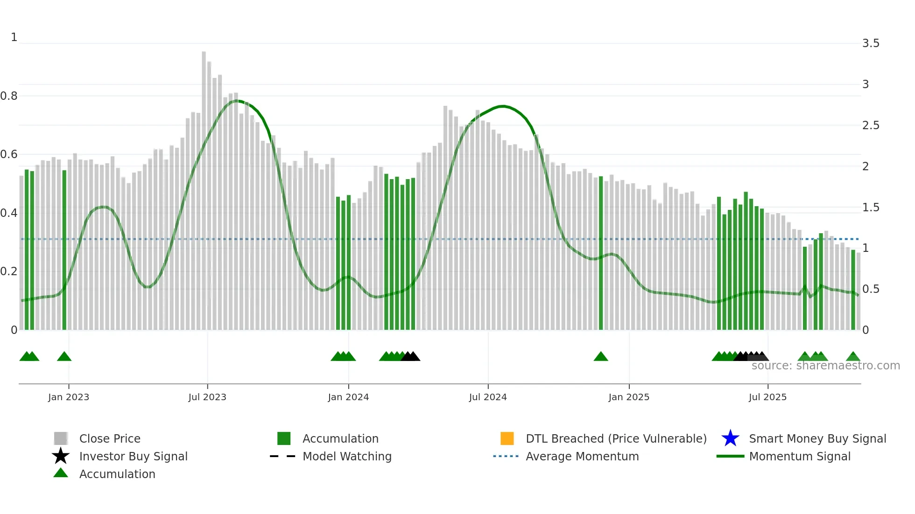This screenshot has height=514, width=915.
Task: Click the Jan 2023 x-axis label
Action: point(68,397)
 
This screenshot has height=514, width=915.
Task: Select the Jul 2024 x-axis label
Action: point(488,397)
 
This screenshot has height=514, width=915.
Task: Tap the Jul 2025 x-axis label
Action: point(767,397)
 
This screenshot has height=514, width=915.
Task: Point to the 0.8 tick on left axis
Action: point(9,96)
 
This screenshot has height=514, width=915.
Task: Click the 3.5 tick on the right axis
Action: point(871,43)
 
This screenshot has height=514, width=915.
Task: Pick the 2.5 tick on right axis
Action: point(871,125)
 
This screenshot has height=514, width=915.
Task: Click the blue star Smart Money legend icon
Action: point(730,438)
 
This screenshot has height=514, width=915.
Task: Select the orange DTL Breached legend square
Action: point(507,438)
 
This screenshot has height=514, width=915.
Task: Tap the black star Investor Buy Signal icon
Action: point(61,456)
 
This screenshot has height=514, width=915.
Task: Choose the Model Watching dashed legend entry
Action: point(283,456)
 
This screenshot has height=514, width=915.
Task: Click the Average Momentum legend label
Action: point(582,456)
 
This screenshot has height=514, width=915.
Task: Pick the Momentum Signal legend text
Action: point(800,456)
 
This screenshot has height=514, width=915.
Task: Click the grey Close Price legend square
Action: point(61,438)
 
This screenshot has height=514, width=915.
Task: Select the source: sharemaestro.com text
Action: point(825,366)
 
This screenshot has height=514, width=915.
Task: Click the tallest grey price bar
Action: point(204,187)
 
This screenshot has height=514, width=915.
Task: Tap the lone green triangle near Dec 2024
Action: point(601,357)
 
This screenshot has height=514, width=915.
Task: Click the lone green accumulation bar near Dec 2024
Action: point(601,252)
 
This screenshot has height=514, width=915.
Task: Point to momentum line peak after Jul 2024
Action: point(502,106)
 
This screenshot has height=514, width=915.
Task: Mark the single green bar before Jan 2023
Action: point(64,250)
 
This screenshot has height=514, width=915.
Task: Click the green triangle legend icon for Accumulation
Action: point(61,473)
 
